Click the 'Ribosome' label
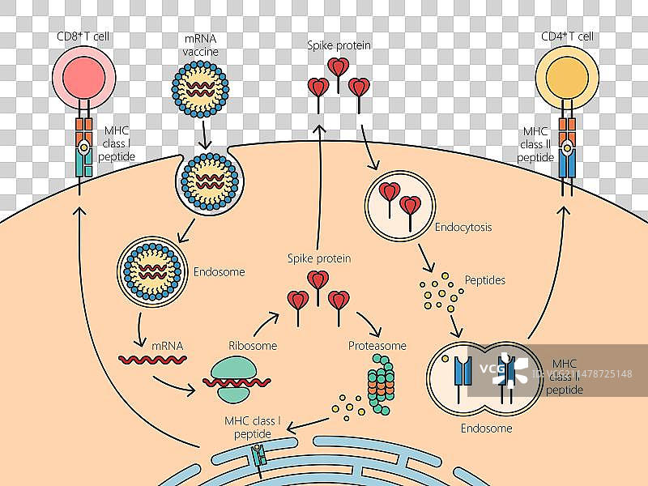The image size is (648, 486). tap(253, 346)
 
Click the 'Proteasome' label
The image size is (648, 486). tap(377, 346)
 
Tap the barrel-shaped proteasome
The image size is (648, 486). tap(380, 388)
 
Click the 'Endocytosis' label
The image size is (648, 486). tap(463, 228)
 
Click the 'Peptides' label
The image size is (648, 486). tap(484, 280)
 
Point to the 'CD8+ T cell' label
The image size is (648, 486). tap(79, 36)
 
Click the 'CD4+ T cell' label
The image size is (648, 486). tap(567, 36)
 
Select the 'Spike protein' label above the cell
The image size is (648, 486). tap(339, 45)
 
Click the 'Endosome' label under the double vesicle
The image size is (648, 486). tap(486, 428)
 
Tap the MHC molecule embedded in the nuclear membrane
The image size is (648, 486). tap(259, 457)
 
